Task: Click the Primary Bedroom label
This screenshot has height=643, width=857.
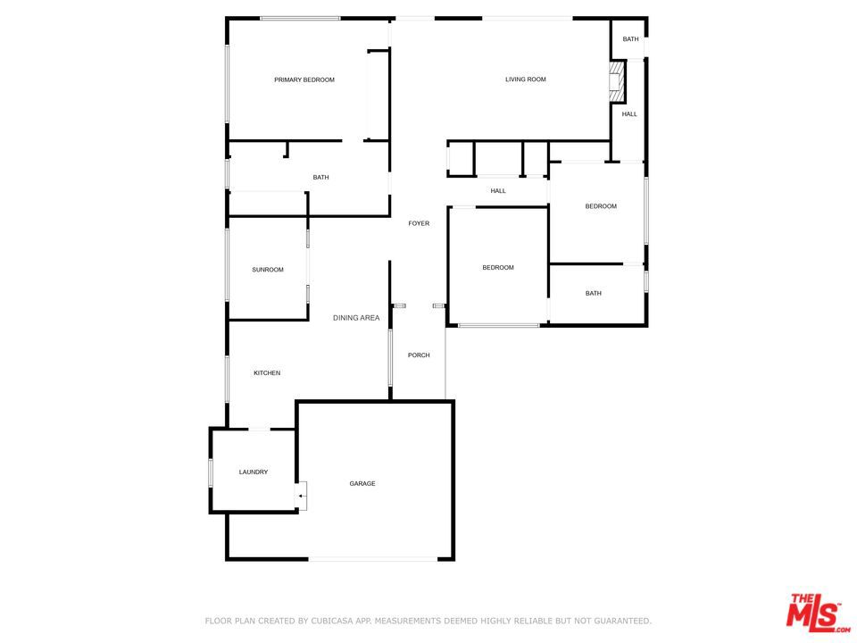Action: click(x=304, y=79)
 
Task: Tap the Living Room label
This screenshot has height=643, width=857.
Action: click(x=525, y=79)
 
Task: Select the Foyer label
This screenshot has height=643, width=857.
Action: click(x=419, y=223)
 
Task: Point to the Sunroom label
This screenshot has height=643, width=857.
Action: click(x=268, y=270)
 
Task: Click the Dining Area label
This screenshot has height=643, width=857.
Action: click(x=356, y=318)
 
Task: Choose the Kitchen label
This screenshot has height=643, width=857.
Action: click(x=267, y=373)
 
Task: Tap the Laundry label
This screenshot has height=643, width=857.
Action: click(x=253, y=472)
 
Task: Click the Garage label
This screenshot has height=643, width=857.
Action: click(x=362, y=483)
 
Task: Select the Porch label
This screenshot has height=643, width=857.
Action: click(x=419, y=355)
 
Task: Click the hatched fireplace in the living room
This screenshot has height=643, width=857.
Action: click(x=617, y=81)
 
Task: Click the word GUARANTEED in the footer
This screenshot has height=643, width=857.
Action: click(x=620, y=622)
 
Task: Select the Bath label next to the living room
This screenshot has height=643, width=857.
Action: click(x=630, y=38)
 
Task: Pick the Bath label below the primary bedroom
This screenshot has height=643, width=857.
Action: click(x=320, y=177)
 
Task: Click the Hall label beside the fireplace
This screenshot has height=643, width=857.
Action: click(x=629, y=114)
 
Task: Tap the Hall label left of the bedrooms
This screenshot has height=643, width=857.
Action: click(x=498, y=191)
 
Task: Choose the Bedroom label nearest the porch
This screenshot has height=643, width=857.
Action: click(x=498, y=267)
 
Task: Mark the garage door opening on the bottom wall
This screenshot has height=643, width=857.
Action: click(x=373, y=559)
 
